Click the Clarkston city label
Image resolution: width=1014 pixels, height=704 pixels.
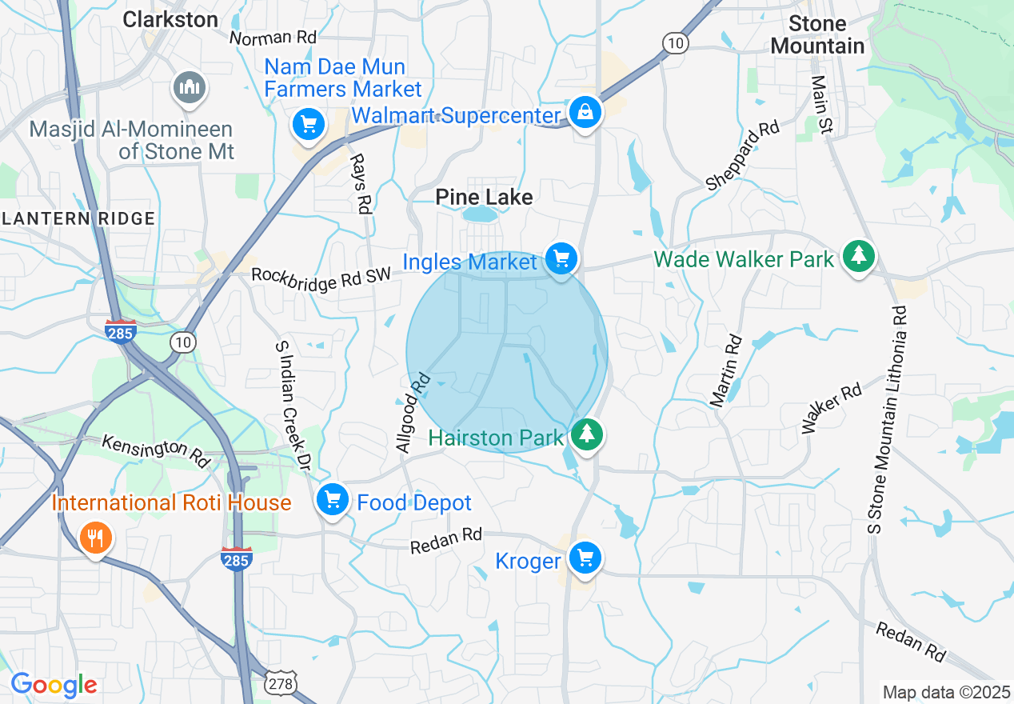170,19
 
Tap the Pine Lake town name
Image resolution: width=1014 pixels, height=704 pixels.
484,197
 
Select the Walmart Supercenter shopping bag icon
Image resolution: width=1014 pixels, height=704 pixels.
585,112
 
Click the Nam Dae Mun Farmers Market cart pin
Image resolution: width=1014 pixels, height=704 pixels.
308,124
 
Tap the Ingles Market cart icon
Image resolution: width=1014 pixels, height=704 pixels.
561,258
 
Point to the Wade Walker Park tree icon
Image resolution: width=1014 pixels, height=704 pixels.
858,255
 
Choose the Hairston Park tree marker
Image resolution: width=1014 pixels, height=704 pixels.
588,434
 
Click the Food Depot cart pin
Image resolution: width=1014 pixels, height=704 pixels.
332,500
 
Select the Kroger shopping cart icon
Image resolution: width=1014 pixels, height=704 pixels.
585,558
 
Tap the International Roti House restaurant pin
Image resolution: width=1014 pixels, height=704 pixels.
95,538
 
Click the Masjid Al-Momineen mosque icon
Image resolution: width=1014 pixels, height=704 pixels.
190,88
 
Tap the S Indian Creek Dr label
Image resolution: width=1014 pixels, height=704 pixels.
292,403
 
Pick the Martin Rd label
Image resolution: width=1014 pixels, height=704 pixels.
727,371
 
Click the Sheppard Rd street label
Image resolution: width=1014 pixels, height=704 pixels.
742,156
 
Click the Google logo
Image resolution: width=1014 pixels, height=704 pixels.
54,685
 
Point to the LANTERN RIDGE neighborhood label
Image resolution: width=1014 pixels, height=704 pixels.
78,218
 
